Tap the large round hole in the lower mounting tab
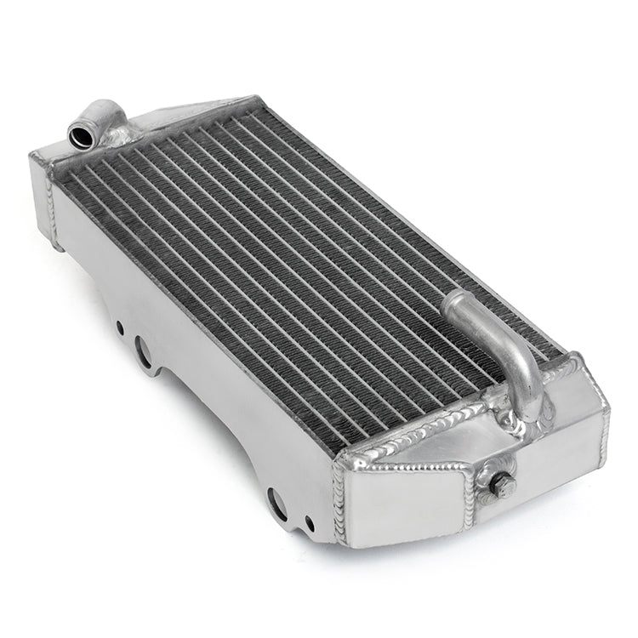pyautogui.click(x=277, y=501)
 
